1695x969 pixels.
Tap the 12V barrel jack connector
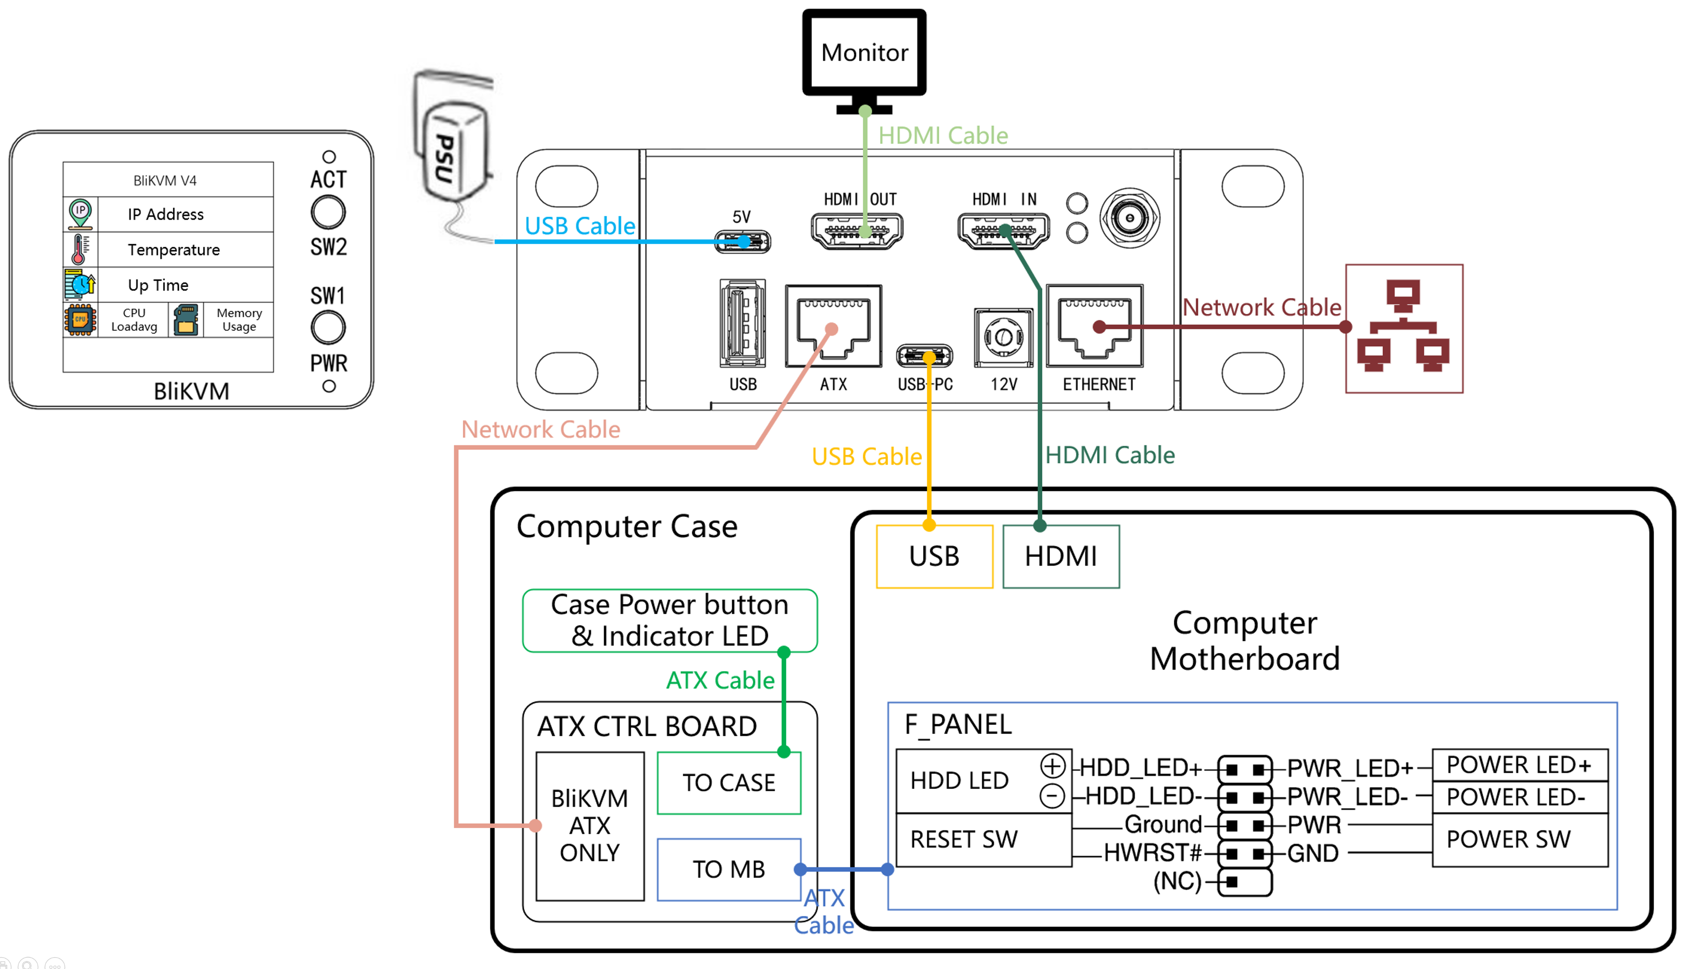pyautogui.click(x=1003, y=337)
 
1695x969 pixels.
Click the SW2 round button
pyautogui.click(x=328, y=213)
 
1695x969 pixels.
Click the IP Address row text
pyautogui.click(x=166, y=214)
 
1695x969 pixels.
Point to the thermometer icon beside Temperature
pyautogui.click(x=80, y=250)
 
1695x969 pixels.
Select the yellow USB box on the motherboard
pyautogui.click(x=934, y=557)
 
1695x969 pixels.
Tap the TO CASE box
pyautogui.click(x=729, y=783)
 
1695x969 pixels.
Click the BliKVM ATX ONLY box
pyautogui.click(x=590, y=826)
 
